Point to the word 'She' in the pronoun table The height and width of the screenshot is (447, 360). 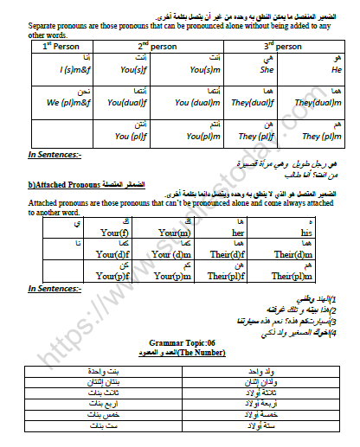pyautogui.click(x=242, y=70)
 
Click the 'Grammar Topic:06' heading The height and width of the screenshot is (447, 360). pyautogui.click(x=180, y=344)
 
